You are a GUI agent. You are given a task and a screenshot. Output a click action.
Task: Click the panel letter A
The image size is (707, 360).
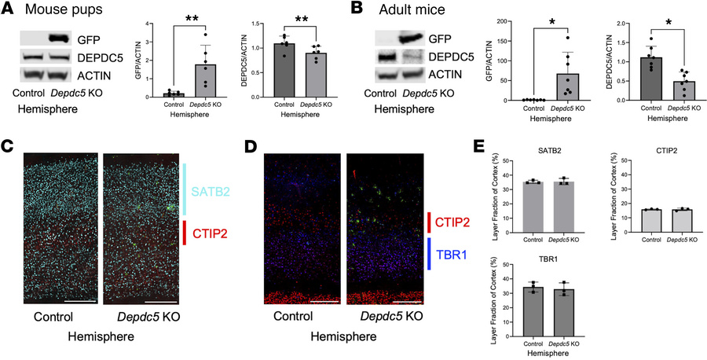[9, 10]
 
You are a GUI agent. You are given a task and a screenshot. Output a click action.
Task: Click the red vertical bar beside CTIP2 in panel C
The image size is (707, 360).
[185, 232]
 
